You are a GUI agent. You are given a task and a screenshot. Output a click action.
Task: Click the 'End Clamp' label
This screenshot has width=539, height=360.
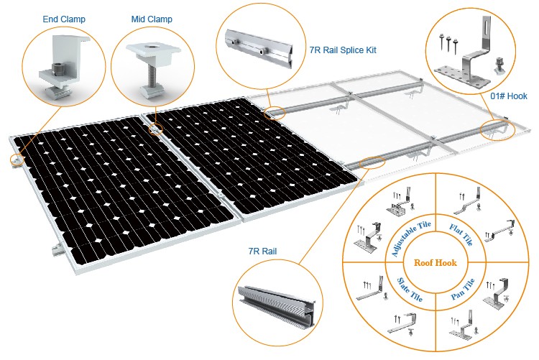pos(64,19)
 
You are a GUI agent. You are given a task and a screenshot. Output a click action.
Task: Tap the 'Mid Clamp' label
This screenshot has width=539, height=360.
pos(152,19)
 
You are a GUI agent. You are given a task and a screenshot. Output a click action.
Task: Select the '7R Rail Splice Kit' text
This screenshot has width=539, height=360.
pos(343,50)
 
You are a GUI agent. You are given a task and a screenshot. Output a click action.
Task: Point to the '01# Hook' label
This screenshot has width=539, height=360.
pos(509,96)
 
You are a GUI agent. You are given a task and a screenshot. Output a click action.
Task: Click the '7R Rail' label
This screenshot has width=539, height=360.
pos(262,251)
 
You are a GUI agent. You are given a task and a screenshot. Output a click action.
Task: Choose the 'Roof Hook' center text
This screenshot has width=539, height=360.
pos(436,263)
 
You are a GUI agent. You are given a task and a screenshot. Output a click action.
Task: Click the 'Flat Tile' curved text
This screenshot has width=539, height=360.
pos(461,234)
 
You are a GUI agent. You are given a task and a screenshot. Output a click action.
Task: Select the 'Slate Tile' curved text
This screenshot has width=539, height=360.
pos(410,290)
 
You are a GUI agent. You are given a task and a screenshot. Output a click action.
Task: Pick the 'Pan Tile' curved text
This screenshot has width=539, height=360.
pos(463,289)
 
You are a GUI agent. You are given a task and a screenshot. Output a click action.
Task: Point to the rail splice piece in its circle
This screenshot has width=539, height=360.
pos(260,48)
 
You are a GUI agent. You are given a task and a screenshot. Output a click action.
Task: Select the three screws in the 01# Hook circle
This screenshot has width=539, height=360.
pos(448,42)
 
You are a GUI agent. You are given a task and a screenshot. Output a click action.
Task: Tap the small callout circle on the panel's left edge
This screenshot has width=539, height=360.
pos(17,160)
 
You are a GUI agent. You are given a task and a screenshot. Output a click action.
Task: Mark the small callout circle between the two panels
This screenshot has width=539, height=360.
pos(155,129)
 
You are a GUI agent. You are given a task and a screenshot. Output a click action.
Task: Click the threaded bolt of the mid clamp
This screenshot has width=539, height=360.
pos(152,78)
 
